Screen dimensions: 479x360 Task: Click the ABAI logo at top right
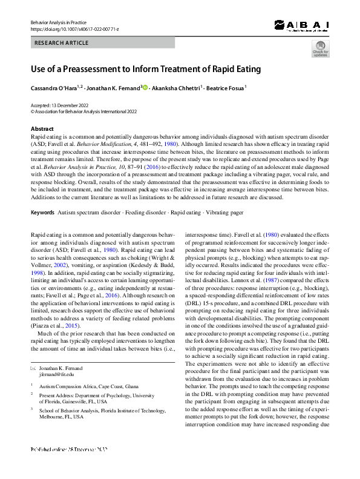tap(301, 25)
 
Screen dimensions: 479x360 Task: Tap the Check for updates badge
tap(320, 50)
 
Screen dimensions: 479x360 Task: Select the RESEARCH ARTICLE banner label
tap(62, 43)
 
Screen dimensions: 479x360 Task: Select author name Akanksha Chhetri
tap(176, 88)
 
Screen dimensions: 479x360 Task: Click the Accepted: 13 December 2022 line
tap(59, 105)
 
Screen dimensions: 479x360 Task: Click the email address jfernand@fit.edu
tap(56, 375)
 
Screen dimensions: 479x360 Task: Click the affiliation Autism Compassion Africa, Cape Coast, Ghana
tap(90, 385)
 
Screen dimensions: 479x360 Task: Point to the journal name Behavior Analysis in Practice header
tap(59, 22)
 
